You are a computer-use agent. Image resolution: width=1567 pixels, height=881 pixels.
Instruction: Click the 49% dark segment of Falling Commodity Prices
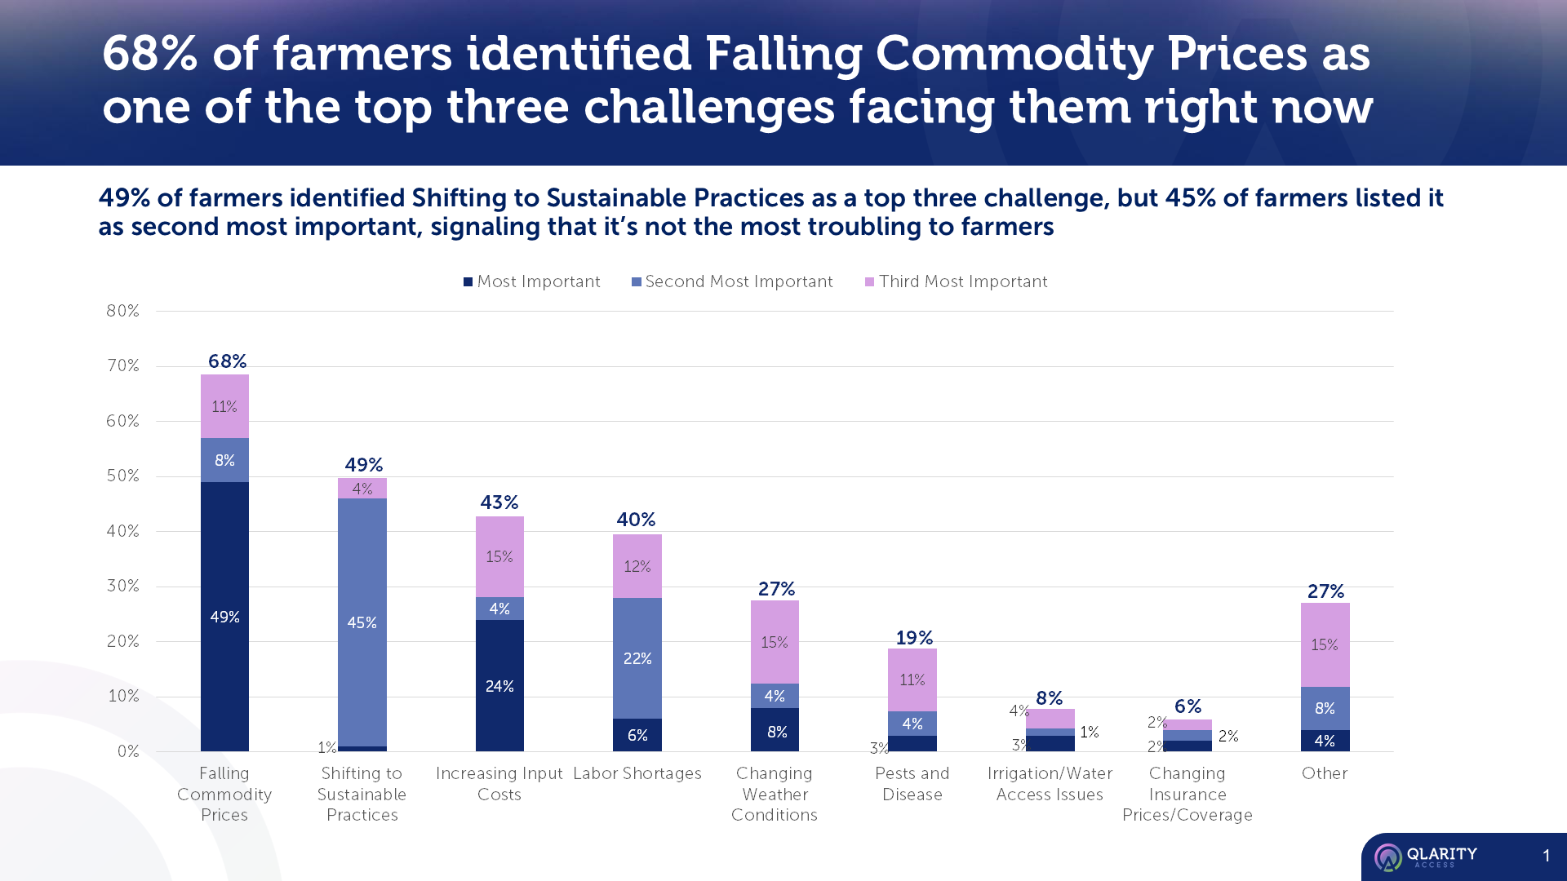click(x=224, y=617)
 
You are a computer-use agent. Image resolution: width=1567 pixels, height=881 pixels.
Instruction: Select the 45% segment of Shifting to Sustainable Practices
click(x=362, y=622)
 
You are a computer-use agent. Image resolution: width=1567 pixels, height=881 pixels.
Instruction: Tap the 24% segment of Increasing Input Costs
click(x=499, y=686)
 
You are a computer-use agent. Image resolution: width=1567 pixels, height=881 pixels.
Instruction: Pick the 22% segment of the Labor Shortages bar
click(x=637, y=657)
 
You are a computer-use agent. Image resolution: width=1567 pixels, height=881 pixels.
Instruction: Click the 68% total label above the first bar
click(x=227, y=361)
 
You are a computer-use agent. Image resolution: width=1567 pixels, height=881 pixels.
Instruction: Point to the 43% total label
click(x=499, y=502)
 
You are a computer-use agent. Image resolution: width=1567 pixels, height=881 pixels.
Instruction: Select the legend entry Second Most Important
click(x=732, y=281)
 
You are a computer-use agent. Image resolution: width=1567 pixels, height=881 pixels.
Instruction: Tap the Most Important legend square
click(x=468, y=281)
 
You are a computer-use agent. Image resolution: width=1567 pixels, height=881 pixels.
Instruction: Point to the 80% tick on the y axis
click(x=122, y=311)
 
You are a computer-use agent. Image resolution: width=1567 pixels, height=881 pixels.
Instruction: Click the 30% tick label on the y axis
click(x=122, y=586)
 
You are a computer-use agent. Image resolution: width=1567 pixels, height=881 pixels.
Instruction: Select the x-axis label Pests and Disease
click(x=912, y=784)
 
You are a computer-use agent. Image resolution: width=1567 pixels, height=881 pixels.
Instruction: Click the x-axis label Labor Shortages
click(x=637, y=773)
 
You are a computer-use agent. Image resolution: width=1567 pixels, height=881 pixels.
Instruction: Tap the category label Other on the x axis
click(x=1324, y=773)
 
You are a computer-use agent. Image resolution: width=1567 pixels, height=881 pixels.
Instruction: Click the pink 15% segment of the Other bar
click(x=1324, y=644)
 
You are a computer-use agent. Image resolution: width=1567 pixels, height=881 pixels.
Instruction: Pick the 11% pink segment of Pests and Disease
click(x=912, y=680)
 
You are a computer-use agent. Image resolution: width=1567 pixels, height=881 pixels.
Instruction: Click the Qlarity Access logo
click(x=1425, y=857)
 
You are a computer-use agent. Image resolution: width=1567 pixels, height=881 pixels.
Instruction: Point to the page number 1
click(x=1546, y=856)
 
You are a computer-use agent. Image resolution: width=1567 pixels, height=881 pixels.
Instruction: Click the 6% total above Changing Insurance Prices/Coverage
click(x=1187, y=706)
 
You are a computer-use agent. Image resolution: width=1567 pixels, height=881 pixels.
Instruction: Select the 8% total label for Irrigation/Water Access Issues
click(x=1049, y=698)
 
